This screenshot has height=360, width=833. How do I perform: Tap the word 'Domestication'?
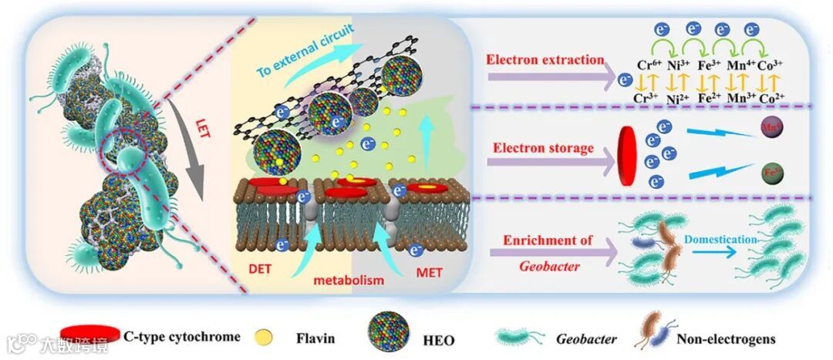[x=722, y=240]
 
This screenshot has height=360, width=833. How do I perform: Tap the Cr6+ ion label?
[x=646, y=66]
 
